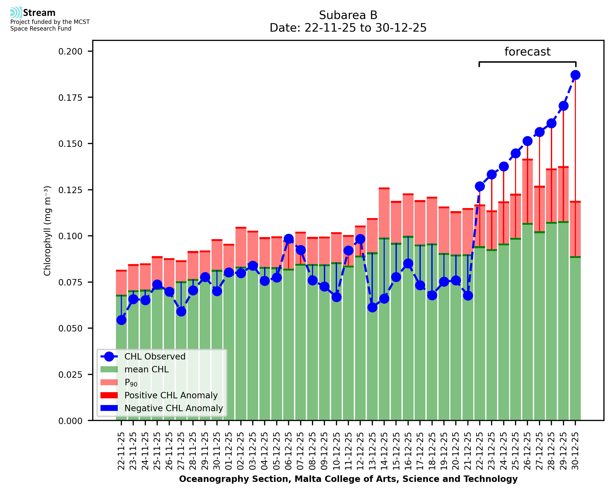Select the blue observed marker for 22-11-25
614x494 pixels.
coord(121,320)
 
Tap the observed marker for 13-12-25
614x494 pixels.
coord(372,307)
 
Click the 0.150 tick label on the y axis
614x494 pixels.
coord(70,144)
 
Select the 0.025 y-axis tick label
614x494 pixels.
coord(70,375)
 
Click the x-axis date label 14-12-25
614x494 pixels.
coord(384,451)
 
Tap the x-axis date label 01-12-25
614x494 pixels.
coord(229,451)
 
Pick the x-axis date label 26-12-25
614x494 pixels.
coord(527,451)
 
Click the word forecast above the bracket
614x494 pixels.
coord(527,52)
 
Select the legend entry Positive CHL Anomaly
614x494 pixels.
coord(171,395)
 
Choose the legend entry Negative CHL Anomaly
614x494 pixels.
coord(173,408)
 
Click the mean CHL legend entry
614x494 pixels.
coord(147,369)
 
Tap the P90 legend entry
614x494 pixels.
coord(131,382)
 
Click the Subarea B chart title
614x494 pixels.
coord(348,15)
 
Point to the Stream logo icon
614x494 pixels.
coord(16,13)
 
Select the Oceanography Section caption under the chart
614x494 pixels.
coord(348,479)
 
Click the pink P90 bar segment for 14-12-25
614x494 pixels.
coord(384,214)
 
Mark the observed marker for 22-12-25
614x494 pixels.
coord(480,186)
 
